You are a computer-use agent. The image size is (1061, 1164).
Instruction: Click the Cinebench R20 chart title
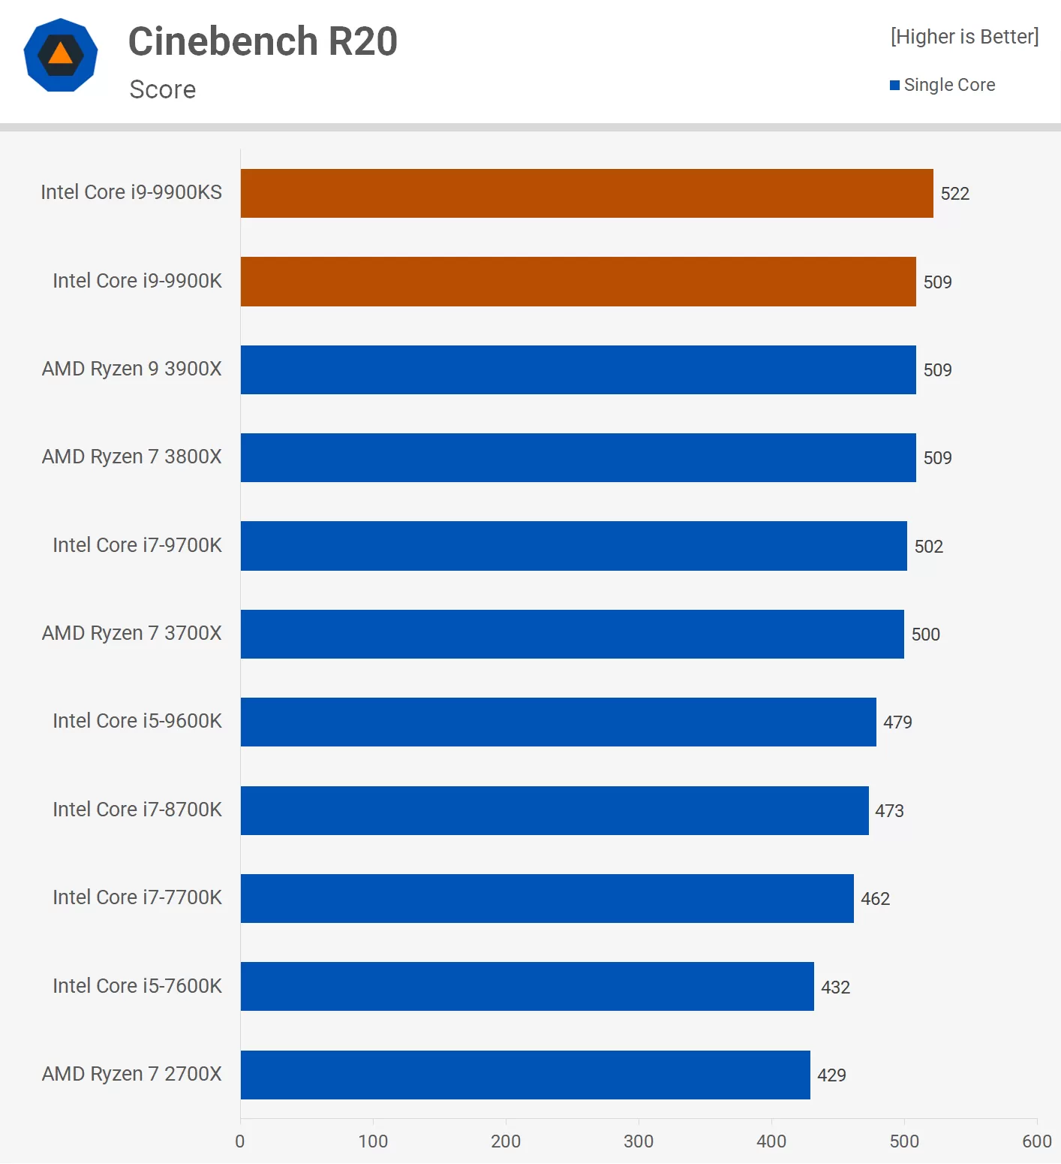263,41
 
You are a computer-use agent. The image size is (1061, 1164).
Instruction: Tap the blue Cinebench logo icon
61,55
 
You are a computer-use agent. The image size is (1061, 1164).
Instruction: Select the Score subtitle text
163,89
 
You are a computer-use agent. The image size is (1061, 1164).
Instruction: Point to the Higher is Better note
964,37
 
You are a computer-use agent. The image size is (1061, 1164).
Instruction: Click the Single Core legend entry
942,85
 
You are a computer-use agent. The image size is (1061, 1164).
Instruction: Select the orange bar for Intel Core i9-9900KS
587,193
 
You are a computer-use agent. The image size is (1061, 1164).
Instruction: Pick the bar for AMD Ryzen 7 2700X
525,1075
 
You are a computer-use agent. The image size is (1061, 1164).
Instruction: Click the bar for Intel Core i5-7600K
527,986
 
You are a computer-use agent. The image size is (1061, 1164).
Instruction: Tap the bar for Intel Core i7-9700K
573,546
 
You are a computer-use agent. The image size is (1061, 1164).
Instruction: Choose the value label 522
955,194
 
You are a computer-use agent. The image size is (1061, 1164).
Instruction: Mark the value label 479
897,722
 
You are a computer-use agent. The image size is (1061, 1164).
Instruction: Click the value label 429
831,1075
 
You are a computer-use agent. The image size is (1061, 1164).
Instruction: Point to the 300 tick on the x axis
639,1141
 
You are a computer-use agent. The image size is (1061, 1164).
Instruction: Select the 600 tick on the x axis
1037,1141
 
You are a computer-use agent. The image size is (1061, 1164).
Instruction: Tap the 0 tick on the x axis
240,1141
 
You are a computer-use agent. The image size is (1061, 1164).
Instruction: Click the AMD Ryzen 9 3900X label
132,369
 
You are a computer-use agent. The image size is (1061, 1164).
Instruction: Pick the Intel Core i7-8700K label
137,810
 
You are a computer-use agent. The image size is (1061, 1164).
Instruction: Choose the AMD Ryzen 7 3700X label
132,633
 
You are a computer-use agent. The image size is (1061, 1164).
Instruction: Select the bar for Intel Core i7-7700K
547,898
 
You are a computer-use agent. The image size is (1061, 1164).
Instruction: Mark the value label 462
875,899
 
